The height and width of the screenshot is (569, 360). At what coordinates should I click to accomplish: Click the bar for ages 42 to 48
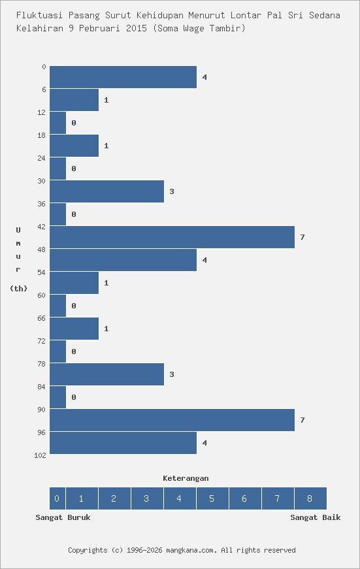pyautogui.click(x=172, y=237)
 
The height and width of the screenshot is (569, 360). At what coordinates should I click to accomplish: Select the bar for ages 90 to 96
pyautogui.click(x=172, y=420)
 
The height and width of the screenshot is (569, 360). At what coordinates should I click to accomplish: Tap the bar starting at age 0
pyautogui.click(x=123, y=77)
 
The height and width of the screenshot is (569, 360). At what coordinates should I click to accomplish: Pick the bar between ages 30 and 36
pyautogui.click(x=106, y=191)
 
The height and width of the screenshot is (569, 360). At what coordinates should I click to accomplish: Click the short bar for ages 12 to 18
pyautogui.click(x=58, y=123)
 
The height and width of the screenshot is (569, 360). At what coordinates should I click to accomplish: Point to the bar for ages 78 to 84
pyautogui.click(x=106, y=374)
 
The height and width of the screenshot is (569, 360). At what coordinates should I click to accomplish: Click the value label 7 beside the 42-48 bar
pyautogui.click(x=303, y=237)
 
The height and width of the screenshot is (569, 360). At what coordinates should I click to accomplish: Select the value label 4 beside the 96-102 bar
pyautogui.click(x=205, y=443)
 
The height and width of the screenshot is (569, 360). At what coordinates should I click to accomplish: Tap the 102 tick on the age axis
pyautogui.click(x=40, y=455)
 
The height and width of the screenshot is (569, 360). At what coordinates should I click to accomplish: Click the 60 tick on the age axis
pyautogui.click(x=42, y=295)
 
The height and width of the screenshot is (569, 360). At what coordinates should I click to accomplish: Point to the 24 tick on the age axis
pyautogui.click(x=42, y=158)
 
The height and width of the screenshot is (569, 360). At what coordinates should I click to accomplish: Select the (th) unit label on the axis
pyautogui.click(x=18, y=288)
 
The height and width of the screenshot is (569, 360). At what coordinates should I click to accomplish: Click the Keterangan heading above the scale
pyautogui.click(x=186, y=478)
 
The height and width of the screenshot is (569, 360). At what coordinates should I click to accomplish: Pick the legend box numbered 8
pyautogui.click(x=310, y=498)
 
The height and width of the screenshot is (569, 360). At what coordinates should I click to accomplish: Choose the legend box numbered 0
pyautogui.click(x=57, y=498)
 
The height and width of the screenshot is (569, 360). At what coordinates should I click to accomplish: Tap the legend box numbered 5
pyautogui.click(x=212, y=498)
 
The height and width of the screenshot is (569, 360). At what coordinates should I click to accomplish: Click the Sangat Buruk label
pyautogui.click(x=63, y=517)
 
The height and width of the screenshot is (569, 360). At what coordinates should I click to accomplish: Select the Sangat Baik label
pyautogui.click(x=316, y=517)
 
